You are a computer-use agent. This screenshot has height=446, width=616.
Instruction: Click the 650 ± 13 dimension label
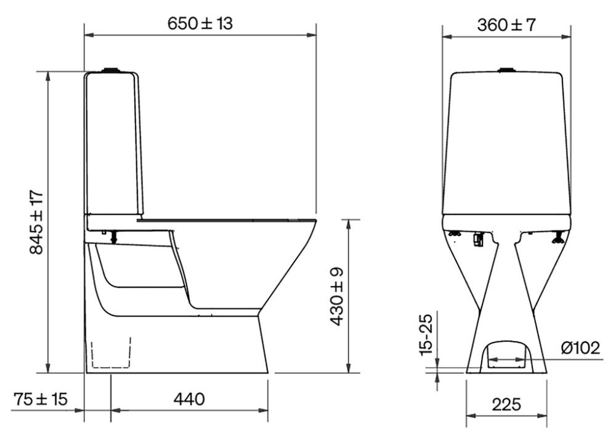[200, 23]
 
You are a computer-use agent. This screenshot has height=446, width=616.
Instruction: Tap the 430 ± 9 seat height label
[337, 297]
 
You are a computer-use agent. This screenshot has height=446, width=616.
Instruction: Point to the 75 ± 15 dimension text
[41, 399]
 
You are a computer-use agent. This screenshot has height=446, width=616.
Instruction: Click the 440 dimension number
[189, 399]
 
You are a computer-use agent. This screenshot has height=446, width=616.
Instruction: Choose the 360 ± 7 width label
[506, 25]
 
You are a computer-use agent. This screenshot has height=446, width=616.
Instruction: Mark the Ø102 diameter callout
[581, 348]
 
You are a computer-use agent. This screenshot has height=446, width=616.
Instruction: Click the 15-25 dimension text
[426, 334]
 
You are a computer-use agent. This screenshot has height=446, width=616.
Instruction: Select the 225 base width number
[506, 404]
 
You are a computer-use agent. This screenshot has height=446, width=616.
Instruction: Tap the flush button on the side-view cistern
[110, 70]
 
